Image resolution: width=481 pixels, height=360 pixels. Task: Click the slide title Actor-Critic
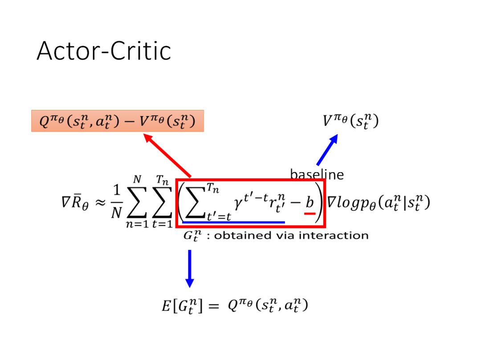point(104,51)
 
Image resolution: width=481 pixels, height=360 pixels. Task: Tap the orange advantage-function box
point(118,121)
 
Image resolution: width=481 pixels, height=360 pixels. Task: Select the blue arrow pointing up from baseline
point(327,150)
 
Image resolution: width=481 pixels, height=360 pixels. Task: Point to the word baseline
point(317,175)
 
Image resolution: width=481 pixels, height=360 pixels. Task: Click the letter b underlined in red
point(309,203)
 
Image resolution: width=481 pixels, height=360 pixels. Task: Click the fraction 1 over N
point(116,203)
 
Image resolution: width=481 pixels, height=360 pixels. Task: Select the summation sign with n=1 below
point(137,202)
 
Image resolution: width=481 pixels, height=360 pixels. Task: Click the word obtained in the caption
point(236,235)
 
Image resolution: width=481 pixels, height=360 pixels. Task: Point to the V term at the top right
point(351,121)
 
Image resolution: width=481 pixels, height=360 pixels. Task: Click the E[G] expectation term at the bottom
point(179,306)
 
